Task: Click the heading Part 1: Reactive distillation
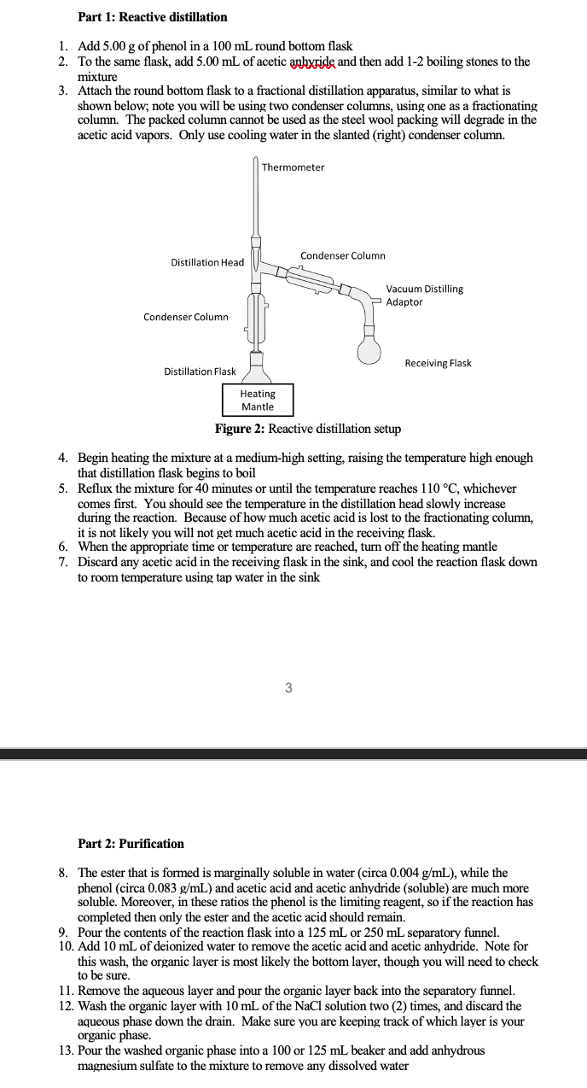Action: click(x=152, y=17)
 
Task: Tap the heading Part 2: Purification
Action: click(x=131, y=844)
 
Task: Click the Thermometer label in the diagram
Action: click(x=293, y=167)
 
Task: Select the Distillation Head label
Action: click(x=207, y=262)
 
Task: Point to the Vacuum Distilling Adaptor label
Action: click(x=424, y=295)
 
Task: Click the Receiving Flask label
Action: click(x=438, y=364)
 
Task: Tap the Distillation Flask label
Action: click(x=200, y=371)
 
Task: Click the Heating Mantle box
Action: click(x=258, y=401)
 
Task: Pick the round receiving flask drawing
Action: click(x=369, y=351)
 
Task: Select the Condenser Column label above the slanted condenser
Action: click(x=342, y=255)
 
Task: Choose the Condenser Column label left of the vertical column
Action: click(x=185, y=318)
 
